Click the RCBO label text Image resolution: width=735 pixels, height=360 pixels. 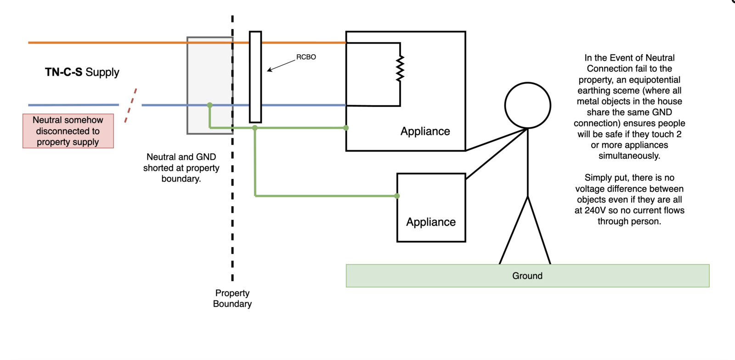(306, 57)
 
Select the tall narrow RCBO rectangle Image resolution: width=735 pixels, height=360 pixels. (255, 77)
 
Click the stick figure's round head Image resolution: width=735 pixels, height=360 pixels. (527, 105)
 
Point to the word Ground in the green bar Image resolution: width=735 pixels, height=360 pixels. (527, 276)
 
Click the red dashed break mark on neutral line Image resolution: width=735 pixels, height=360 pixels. (131, 105)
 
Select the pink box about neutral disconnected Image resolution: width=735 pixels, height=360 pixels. (68, 131)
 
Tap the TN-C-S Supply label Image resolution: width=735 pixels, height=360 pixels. (82, 72)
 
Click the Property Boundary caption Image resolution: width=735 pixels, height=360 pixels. (232, 298)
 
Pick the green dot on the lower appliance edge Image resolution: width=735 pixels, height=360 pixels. (397, 196)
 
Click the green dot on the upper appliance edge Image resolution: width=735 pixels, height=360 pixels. (346, 128)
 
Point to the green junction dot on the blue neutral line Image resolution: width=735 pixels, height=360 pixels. (210, 105)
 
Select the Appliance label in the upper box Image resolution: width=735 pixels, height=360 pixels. (425, 131)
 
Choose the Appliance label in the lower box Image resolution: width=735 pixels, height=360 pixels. (431, 222)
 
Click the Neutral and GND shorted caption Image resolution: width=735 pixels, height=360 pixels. (181, 168)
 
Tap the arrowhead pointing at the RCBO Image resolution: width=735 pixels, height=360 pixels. (269, 70)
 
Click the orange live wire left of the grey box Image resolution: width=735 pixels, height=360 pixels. (106, 43)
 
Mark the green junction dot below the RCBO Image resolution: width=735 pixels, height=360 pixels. (255, 128)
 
